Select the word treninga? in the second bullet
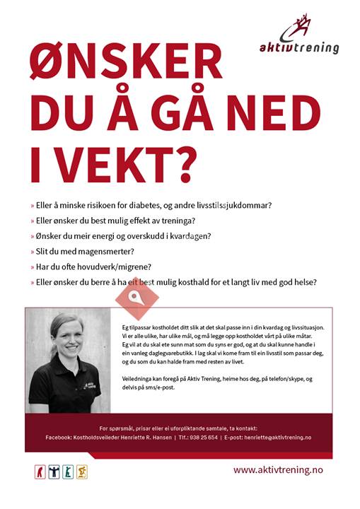pos(173,221)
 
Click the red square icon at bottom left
pos(41,472)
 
